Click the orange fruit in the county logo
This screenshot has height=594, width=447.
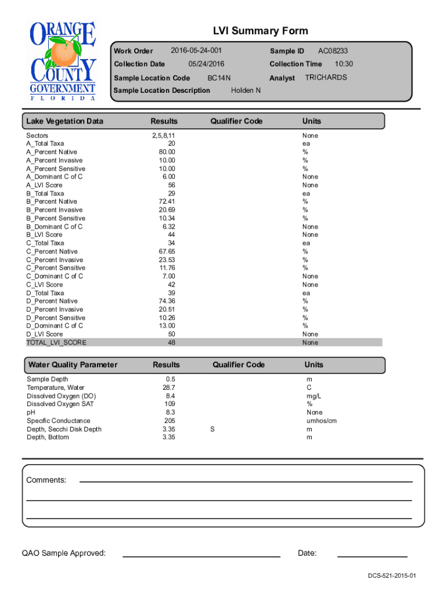(62, 53)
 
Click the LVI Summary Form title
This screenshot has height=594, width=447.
(261, 31)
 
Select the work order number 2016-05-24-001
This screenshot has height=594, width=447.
(196, 51)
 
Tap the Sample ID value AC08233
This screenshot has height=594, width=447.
(333, 52)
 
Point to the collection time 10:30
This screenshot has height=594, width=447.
(344, 64)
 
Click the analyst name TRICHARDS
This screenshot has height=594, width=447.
(326, 77)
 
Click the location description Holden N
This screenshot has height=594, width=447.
(246, 90)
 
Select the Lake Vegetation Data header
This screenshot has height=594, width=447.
(64, 121)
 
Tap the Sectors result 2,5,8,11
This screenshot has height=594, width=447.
(163, 135)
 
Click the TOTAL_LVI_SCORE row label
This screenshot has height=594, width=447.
(56, 343)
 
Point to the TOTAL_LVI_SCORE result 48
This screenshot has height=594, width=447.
(171, 343)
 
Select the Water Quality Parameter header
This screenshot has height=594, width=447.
(73, 365)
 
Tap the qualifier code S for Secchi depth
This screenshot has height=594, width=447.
(212, 429)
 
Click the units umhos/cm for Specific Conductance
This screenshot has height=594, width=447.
(322, 421)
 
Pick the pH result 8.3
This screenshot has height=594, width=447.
(170, 412)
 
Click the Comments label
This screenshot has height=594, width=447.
(46, 480)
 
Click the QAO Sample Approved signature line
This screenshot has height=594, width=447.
(201, 556)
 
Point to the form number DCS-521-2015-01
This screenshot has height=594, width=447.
(391, 576)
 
